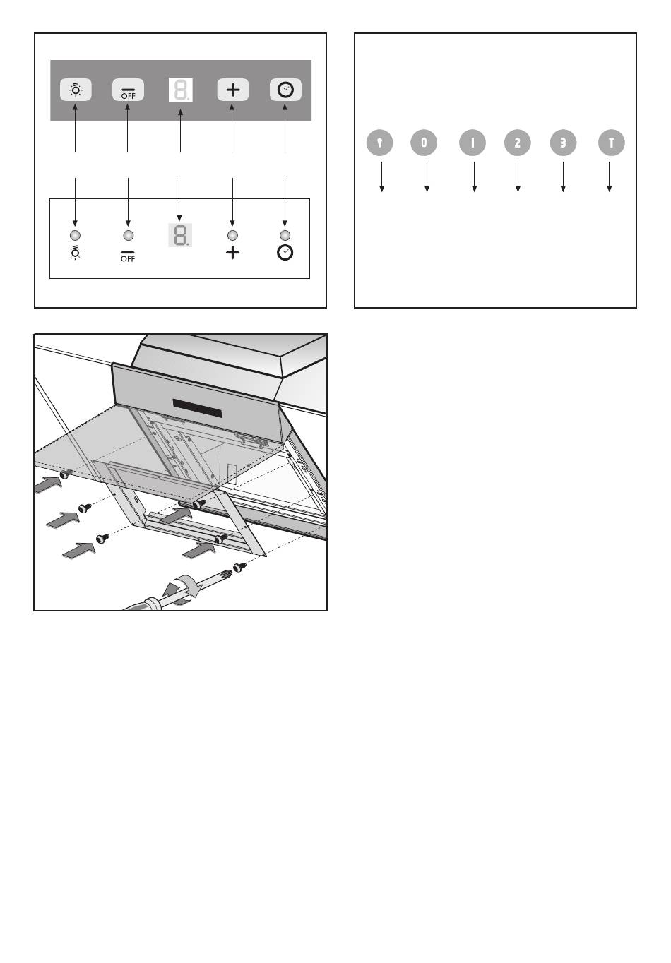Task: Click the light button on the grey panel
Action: (76, 90)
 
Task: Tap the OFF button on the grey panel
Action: (128, 90)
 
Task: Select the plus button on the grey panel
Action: (232, 90)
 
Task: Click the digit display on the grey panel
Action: (181, 90)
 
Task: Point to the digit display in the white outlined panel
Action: (180, 235)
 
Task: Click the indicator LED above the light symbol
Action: (76, 235)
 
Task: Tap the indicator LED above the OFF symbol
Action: (128, 235)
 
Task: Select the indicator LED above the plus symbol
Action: (232, 235)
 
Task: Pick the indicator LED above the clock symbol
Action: (285, 235)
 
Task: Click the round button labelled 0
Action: (424, 143)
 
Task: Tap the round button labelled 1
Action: (473, 143)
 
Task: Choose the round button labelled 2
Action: (518, 143)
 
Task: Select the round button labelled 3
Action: (563, 143)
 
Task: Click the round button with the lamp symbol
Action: (379, 143)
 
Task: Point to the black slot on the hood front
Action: (198, 408)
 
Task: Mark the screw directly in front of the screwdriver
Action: (239, 568)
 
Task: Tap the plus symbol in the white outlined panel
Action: (232, 253)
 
